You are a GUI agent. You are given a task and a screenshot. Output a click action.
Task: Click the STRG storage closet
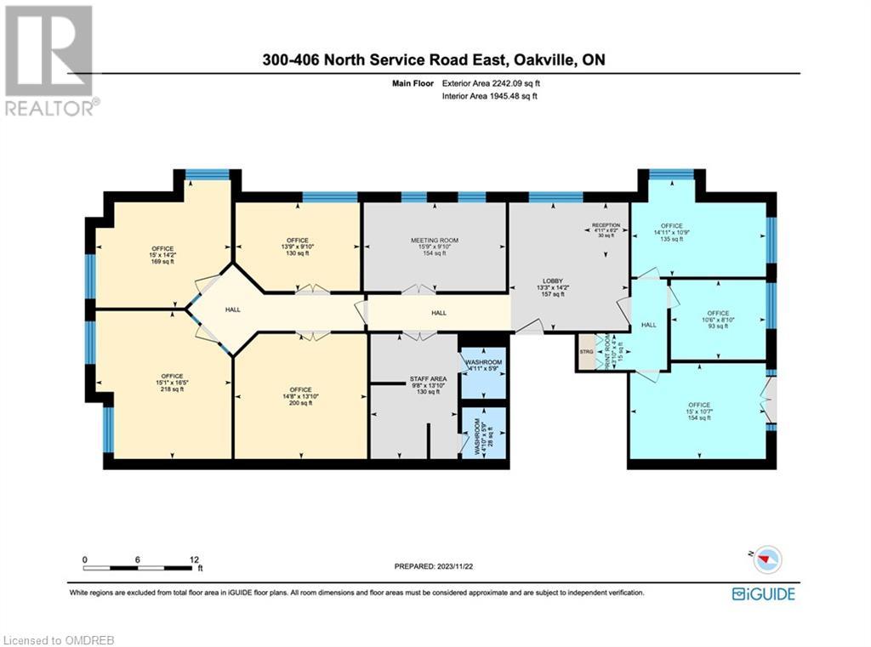pyautogui.click(x=586, y=350)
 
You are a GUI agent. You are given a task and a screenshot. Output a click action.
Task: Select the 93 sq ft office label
pyautogui.click(x=718, y=319)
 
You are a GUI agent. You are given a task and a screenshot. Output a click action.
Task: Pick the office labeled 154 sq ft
pyautogui.click(x=700, y=411)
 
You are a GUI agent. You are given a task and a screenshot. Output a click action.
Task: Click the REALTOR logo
pyautogui.click(x=50, y=60)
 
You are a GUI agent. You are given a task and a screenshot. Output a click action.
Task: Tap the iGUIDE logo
pyautogui.click(x=763, y=594)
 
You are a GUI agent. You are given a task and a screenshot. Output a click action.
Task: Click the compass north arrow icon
pyautogui.click(x=767, y=559)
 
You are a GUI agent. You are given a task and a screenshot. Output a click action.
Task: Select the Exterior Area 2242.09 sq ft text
pyautogui.click(x=491, y=84)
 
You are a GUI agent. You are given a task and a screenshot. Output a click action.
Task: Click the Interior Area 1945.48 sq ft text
pyautogui.click(x=489, y=97)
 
